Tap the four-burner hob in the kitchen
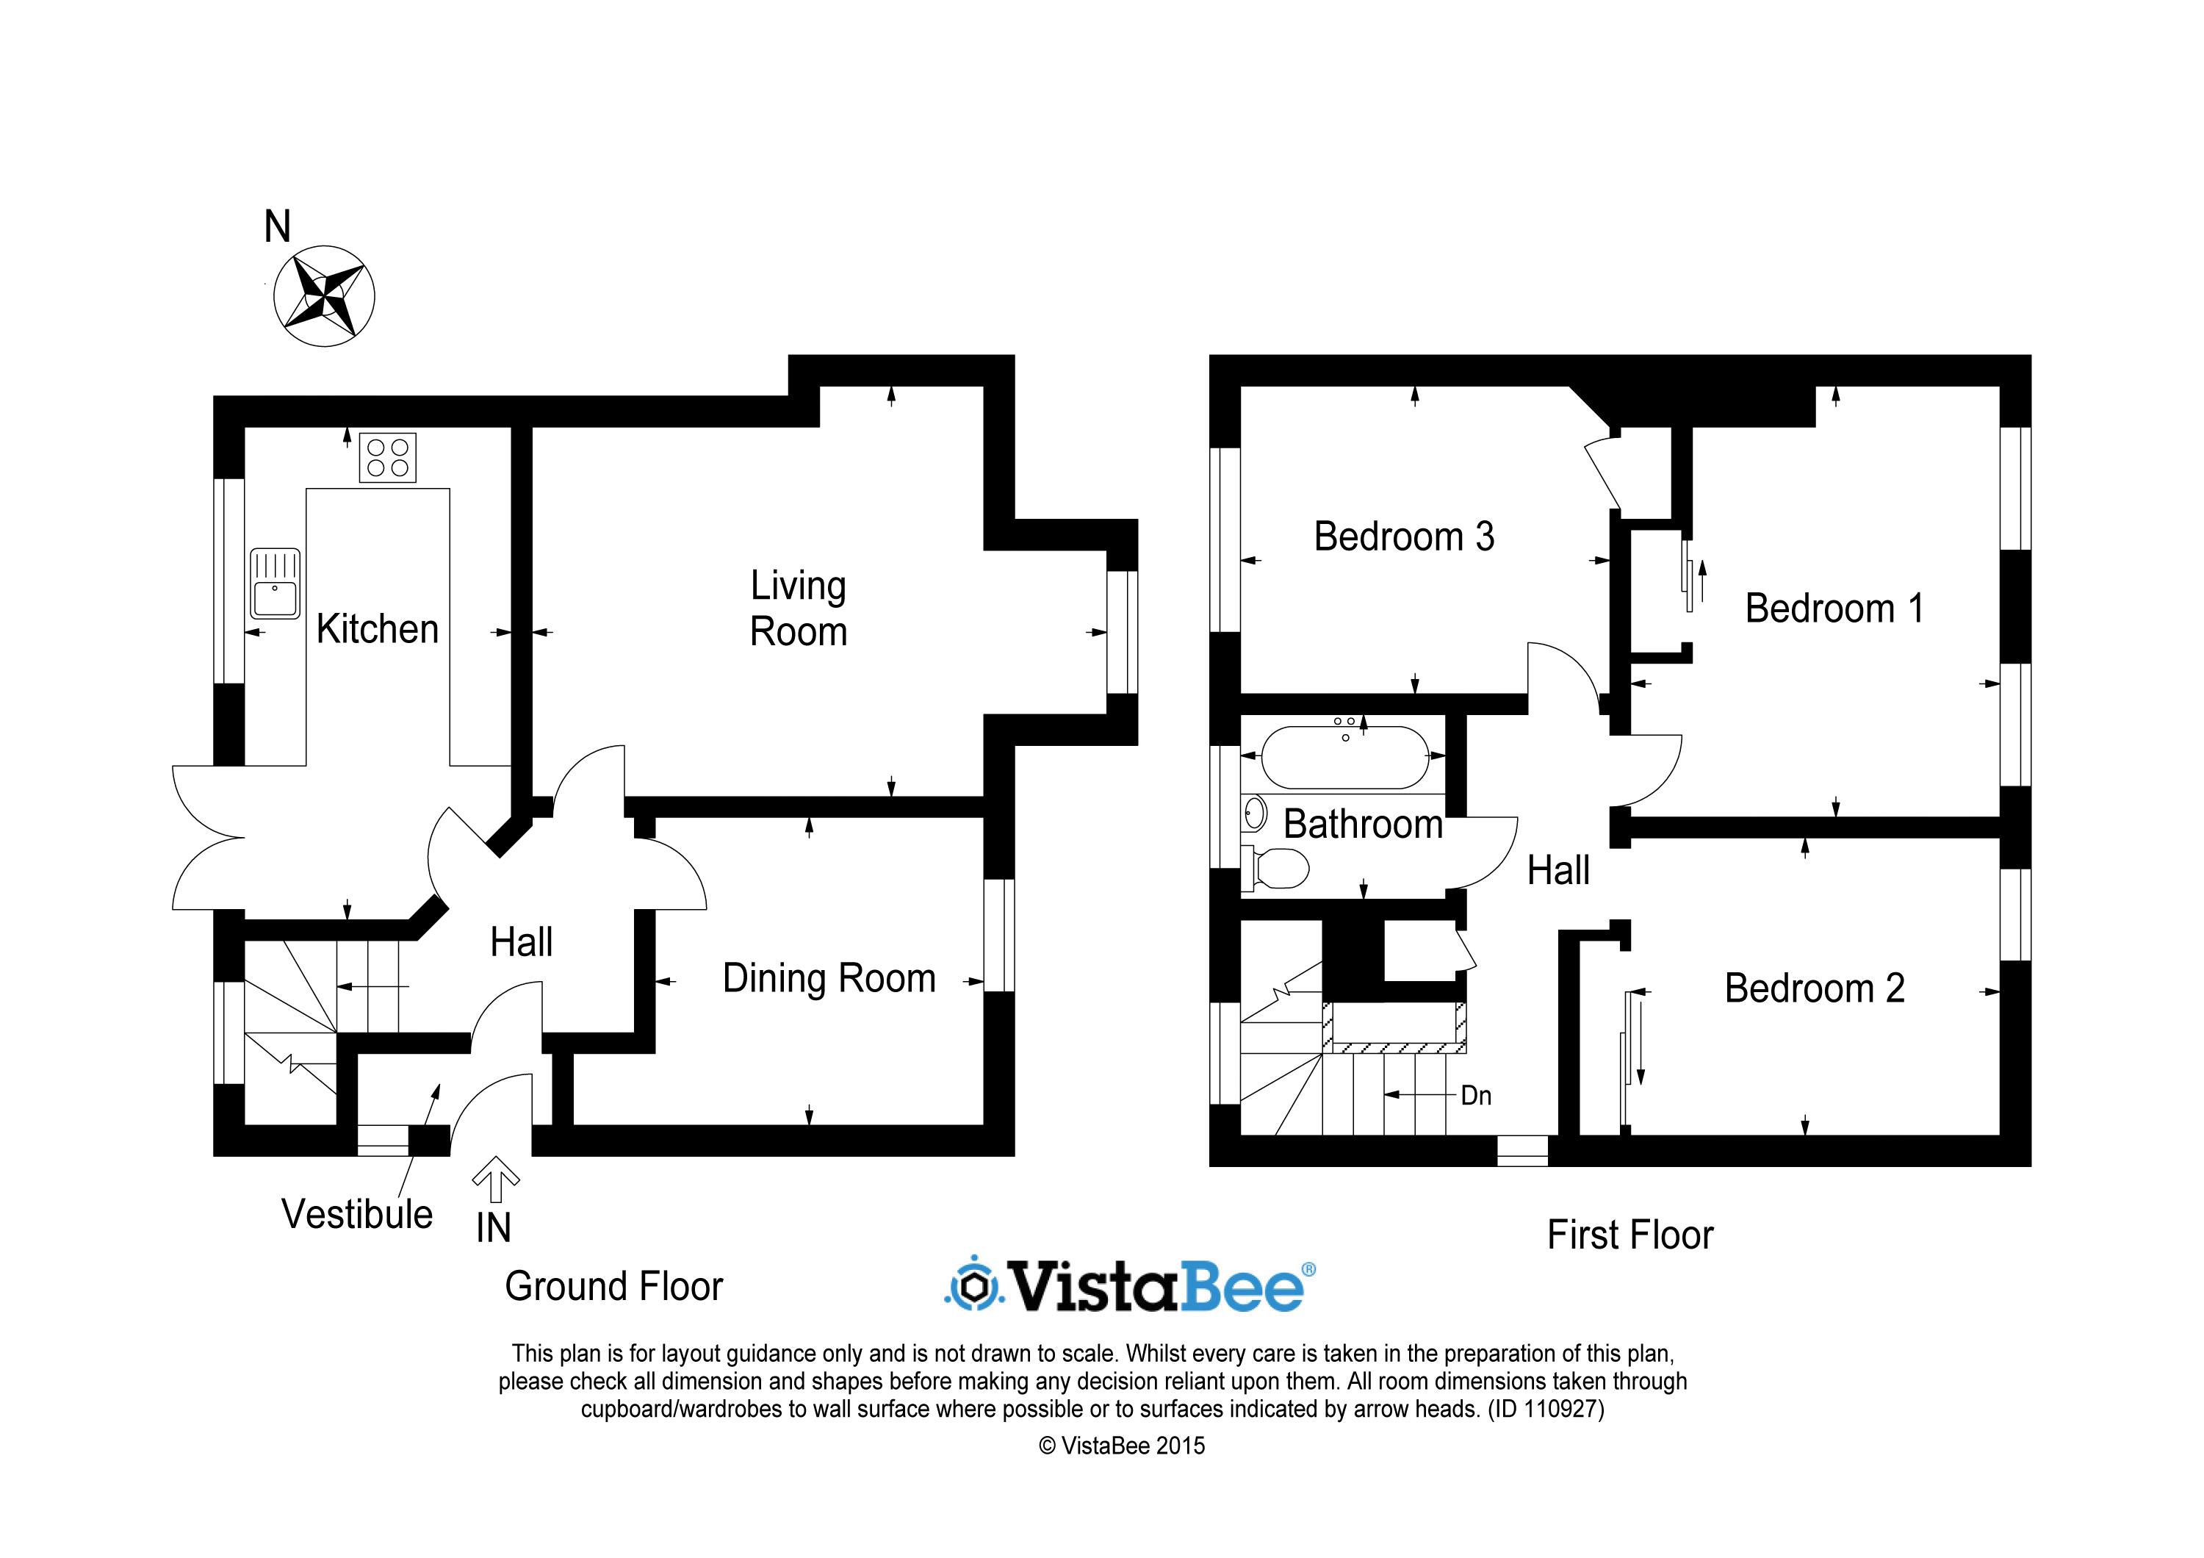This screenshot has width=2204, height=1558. [x=388, y=457]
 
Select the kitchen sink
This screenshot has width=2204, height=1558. [x=275, y=584]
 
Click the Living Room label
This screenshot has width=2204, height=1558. [x=799, y=609]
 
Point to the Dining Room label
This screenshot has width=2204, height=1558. [x=829, y=979]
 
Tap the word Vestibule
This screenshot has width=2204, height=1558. [x=357, y=1214]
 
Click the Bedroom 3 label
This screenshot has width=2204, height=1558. [x=1405, y=536]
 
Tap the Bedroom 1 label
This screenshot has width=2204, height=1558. [x=1834, y=609]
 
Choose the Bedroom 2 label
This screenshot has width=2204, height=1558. [x=1815, y=988]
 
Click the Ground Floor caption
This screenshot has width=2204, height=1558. [x=613, y=1286]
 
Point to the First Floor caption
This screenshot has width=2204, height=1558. [x=1630, y=1235]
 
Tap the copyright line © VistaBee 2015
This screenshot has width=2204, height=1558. [x=1121, y=1446]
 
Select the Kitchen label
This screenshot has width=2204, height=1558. [x=378, y=630]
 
